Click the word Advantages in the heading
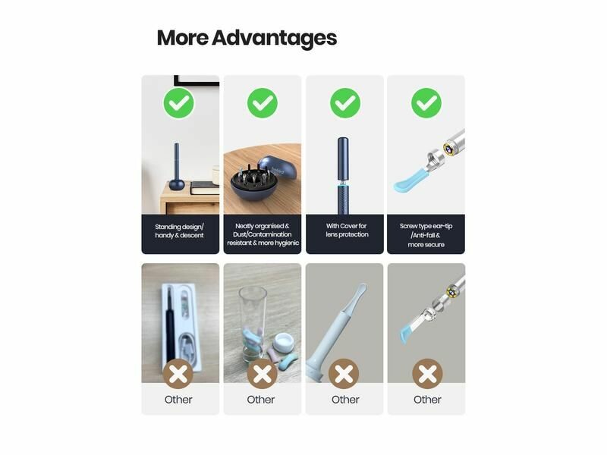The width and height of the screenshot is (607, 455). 274,39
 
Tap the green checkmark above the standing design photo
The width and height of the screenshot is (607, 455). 179,103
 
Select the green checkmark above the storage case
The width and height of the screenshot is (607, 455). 263,103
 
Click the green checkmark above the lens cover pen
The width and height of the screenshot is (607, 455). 345,103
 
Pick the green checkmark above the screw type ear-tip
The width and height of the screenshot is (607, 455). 426,103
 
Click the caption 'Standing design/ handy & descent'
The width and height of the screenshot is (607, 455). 179,231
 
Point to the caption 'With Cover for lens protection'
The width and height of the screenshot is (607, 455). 347,231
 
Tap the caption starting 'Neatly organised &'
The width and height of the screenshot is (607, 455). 263,234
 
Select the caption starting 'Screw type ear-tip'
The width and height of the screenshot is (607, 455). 426,235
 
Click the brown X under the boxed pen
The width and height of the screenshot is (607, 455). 178,374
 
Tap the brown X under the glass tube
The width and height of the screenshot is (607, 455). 262,374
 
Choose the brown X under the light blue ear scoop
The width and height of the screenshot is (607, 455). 344,374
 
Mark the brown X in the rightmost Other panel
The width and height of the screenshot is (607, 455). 427,374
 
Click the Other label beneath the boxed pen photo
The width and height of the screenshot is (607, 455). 178,400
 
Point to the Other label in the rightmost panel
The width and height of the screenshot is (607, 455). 427,400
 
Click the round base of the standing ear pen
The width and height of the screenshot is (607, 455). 177,184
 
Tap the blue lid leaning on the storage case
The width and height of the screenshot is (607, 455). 279,168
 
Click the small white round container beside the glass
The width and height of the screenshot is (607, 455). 283,341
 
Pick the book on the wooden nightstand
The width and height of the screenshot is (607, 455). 204,188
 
